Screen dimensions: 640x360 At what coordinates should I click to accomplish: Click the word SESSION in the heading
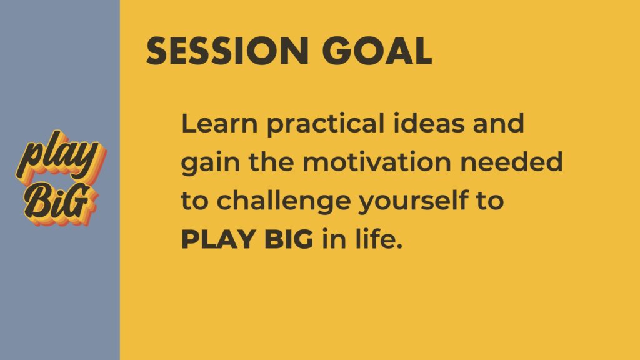tap(227, 51)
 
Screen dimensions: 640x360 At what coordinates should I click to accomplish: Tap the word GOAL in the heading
tap(377, 51)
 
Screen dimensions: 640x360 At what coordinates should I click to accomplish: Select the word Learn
tap(219, 123)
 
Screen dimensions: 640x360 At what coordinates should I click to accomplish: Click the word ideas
tap(429, 123)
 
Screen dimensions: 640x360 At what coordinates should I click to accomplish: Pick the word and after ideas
tap(498, 123)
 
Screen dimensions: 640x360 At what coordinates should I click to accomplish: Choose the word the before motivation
tap(271, 162)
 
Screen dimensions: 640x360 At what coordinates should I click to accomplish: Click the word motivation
tap(377, 162)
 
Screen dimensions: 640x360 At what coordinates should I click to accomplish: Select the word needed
tap(511, 162)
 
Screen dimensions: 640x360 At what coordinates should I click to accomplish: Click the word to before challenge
tap(194, 201)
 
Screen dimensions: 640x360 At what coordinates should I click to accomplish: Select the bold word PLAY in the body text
tap(218, 239)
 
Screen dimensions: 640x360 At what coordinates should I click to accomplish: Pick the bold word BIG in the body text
tap(289, 239)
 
